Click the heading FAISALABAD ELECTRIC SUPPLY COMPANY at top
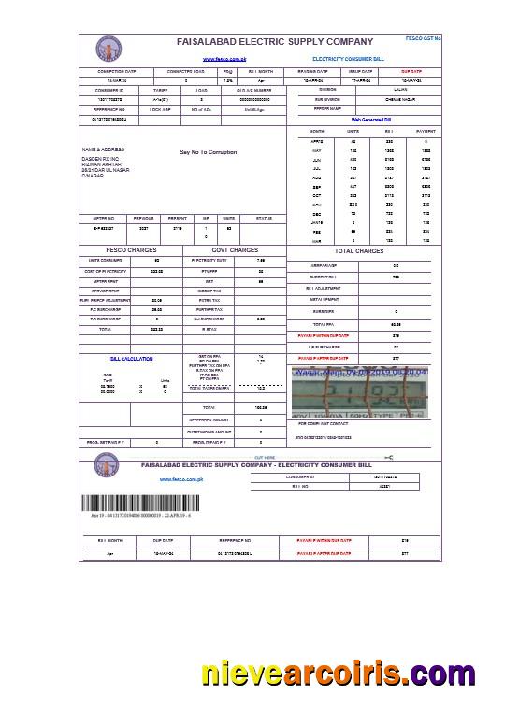pos(274,42)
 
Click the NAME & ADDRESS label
pos(103,149)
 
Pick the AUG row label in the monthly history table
pos(316,175)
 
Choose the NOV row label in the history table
pos(316,203)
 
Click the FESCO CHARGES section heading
pos(129,250)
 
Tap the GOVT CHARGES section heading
pos(235,250)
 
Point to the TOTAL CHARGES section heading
pos(359,251)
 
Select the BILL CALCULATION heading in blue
pos(131,359)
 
